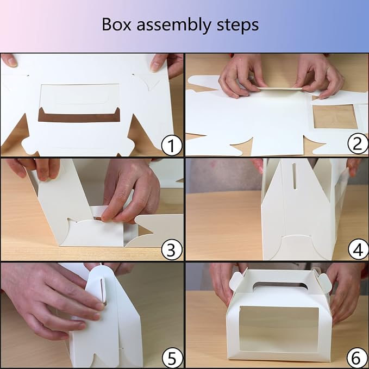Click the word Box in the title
click(116, 24)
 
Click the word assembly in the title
click(174, 26)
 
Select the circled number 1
click(172, 145)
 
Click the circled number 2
click(358, 143)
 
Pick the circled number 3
click(172, 249)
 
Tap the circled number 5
click(173, 359)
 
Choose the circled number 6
click(357, 358)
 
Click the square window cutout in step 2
click(335, 117)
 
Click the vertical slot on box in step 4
click(294, 176)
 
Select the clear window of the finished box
click(279, 329)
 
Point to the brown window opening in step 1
click(79, 115)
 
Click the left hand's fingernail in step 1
click(11, 61)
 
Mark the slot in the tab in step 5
click(103, 290)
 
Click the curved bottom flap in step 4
click(297, 247)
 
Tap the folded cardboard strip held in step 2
click(279, 89)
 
